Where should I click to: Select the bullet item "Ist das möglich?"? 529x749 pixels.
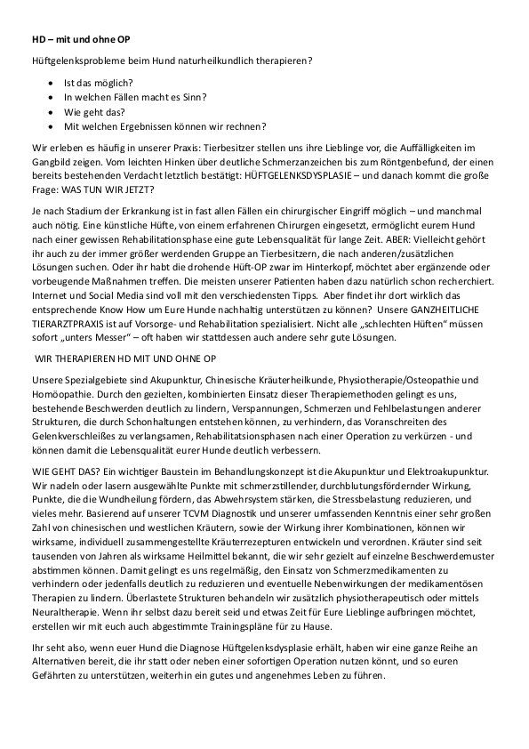98,81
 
